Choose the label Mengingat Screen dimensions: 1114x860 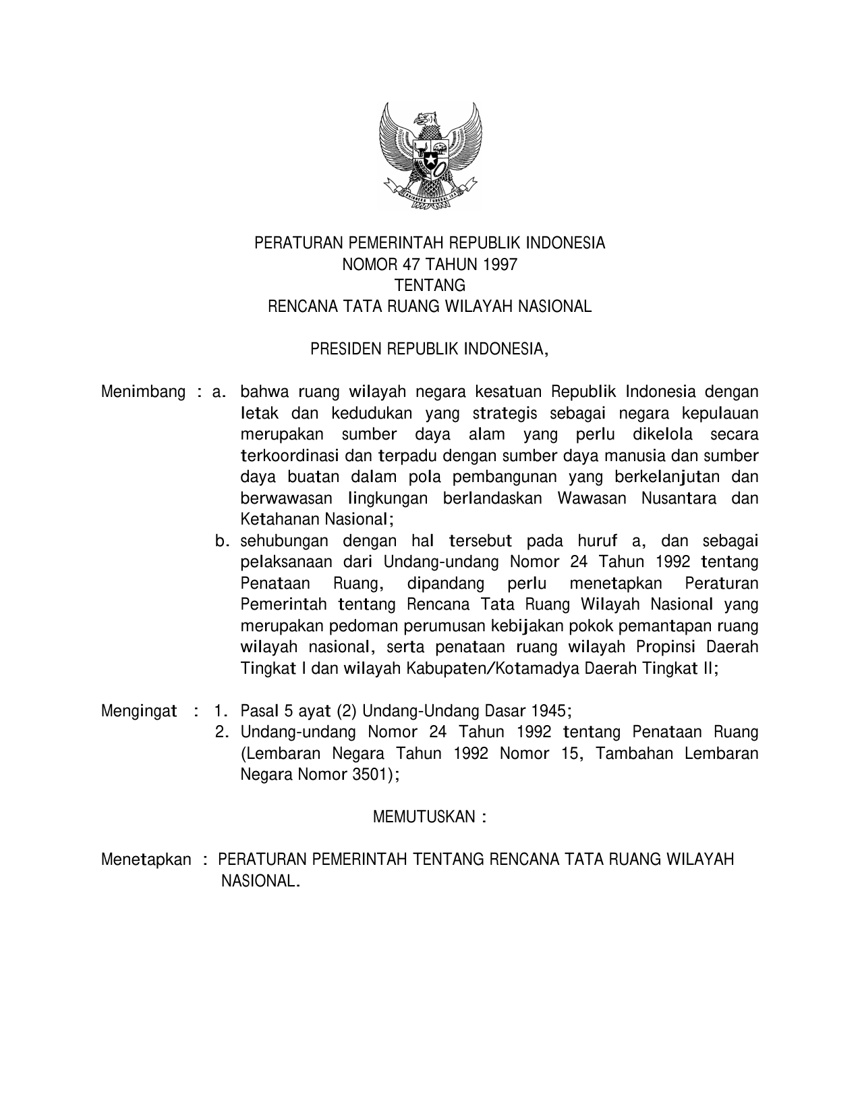(139, 711)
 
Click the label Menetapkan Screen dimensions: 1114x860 (146, 859)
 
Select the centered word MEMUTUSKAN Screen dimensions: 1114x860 (424, 817)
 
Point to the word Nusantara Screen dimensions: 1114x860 (679, 498)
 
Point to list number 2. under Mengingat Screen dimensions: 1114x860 (221, 732)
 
